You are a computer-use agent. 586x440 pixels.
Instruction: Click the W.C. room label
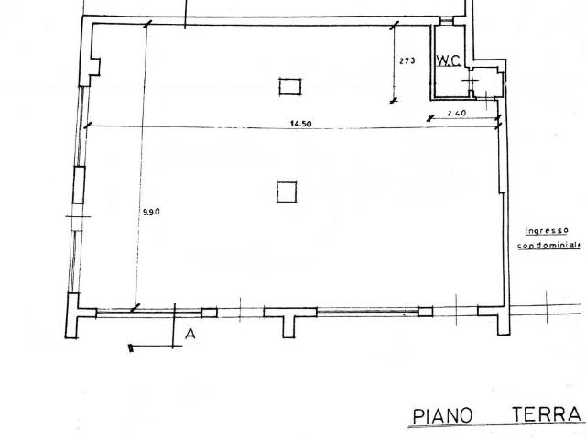449,60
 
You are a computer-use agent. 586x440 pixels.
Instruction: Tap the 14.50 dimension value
301,124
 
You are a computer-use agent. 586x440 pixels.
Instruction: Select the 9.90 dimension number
152,212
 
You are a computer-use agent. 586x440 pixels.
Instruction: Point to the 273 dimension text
407,60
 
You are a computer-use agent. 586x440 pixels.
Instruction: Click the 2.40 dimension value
457,113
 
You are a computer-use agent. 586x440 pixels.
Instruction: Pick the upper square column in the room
290,86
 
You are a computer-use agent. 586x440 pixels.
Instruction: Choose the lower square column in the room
287,192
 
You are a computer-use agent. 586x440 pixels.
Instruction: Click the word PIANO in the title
442,416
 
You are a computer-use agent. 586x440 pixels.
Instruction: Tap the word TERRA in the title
547,414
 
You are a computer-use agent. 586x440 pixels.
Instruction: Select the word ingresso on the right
547,230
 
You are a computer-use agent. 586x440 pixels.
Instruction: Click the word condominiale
548,246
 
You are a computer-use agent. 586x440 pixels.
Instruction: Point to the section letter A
190,334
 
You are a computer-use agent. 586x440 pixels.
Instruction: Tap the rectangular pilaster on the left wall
79,185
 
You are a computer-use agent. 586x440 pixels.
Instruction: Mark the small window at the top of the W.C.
446,21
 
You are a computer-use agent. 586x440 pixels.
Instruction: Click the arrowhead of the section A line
130,347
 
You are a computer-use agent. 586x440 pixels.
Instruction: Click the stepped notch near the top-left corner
93,67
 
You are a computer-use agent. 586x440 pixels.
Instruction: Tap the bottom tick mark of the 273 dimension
394,101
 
